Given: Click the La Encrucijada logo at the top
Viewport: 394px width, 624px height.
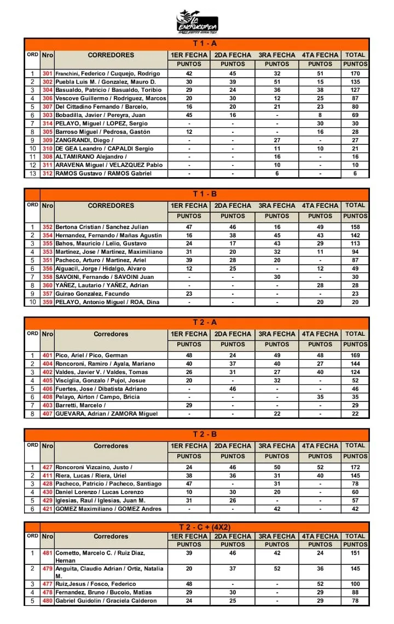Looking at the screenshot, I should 197,22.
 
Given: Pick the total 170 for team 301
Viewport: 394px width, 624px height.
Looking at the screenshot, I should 355,73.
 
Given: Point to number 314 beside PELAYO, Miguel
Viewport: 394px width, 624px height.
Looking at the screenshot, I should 47,124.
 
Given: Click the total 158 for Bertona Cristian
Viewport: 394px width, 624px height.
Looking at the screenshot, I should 355,226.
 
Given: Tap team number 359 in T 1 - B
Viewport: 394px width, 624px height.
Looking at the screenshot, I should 47,302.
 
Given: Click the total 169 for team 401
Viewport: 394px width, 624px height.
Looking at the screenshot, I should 355,355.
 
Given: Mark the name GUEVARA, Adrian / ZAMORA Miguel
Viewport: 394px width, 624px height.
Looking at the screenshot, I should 107,413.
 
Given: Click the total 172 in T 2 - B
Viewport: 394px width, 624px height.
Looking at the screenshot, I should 355,468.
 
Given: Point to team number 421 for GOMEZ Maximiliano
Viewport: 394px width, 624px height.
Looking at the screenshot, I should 47,509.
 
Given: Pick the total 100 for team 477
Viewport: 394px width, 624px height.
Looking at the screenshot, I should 355,584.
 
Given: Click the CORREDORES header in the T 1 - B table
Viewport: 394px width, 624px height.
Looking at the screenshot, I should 111,206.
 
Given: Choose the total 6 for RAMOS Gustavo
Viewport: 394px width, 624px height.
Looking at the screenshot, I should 355,173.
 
